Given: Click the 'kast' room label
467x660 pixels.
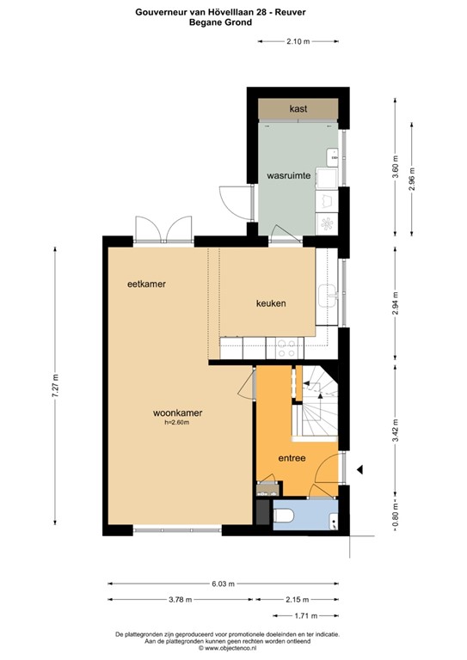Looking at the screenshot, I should pos(298,109).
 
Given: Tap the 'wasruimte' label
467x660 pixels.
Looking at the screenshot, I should pos(288,175).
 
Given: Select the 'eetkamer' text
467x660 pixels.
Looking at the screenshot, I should pos(146,284).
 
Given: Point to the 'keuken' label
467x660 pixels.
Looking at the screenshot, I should pos(271,303).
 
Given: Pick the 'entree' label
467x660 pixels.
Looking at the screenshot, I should pos(292,458).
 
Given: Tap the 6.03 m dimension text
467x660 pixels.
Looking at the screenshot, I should pos(222,584).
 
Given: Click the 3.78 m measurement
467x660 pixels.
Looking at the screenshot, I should pos(176,599).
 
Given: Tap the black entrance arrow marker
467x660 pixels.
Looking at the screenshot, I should pos(361,469).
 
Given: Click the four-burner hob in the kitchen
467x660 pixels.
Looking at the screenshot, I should pos(286,348).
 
